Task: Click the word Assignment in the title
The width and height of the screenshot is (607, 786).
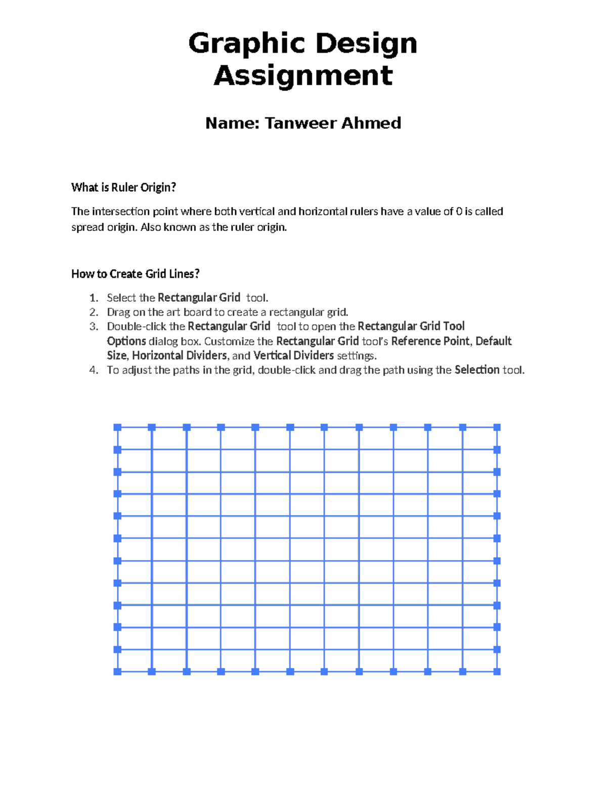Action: coord(303,76)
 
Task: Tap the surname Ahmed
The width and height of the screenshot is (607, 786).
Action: coord(371,123)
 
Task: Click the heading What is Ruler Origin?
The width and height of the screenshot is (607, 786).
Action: coord(123,188)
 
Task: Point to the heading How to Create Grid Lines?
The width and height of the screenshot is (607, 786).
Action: coord(135,274)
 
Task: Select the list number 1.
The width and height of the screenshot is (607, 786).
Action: coord(93,298)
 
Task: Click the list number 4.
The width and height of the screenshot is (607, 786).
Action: coord(93,370)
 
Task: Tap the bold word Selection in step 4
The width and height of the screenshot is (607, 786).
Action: coord(476,370)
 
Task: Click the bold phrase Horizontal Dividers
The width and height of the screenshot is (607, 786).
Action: coord(179,355)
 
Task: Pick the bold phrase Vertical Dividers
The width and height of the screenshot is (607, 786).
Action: coord(293,355)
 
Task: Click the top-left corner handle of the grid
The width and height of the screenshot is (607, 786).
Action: coord(117,428)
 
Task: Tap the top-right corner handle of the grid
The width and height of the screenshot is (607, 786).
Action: coord(497,428)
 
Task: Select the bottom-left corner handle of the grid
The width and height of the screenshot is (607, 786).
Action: coord(117,672)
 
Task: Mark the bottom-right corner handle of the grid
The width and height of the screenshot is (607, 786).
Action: coord(497,672)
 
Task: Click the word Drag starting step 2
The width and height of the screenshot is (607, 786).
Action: coord(118,312)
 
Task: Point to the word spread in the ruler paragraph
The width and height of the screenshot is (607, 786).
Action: coord(87,228)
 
